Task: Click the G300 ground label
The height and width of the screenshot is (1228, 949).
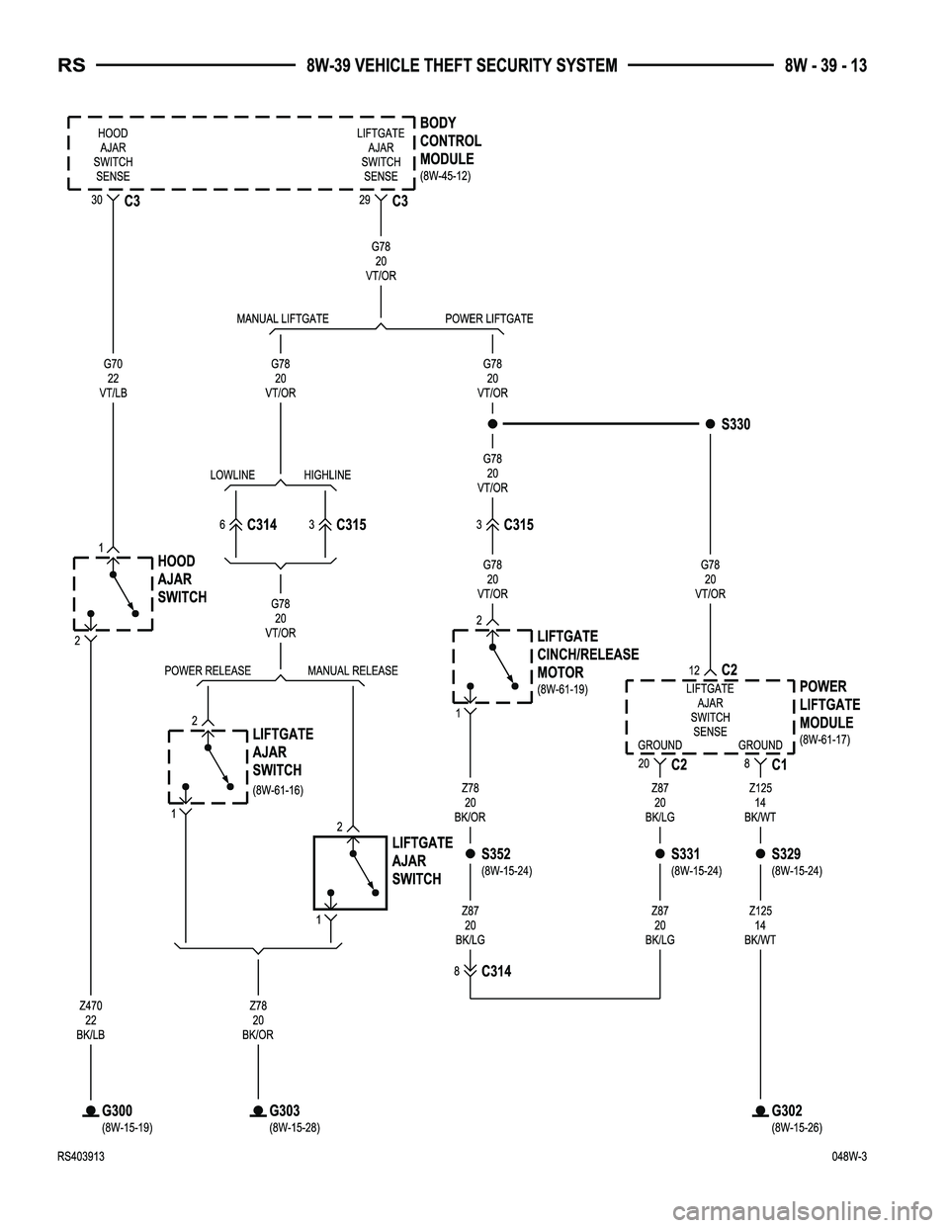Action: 117,1110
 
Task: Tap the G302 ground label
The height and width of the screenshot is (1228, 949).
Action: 787,1110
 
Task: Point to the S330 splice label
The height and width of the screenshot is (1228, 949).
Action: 735,424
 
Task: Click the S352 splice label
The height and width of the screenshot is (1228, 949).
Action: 495,853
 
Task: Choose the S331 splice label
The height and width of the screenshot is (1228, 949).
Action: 685,853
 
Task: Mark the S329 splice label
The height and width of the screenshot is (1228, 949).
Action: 786,853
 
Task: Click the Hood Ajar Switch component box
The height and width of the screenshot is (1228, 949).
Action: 112,592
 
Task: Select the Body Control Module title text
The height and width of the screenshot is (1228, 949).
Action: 450,141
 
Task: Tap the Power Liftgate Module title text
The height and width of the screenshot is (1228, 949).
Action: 828,704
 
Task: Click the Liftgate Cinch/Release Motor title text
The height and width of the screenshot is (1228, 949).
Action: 587,655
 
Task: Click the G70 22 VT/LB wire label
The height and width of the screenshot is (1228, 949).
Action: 113,378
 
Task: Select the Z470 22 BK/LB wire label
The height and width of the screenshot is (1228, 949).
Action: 90,1020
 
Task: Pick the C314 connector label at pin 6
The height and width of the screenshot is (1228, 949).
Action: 261,525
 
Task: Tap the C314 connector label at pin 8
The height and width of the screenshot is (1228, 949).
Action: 496,971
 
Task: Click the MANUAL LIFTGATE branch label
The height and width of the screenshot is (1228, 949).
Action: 283,318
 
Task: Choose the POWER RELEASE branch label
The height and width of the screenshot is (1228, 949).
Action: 208,670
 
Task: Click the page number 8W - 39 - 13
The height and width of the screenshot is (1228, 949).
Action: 825,66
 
